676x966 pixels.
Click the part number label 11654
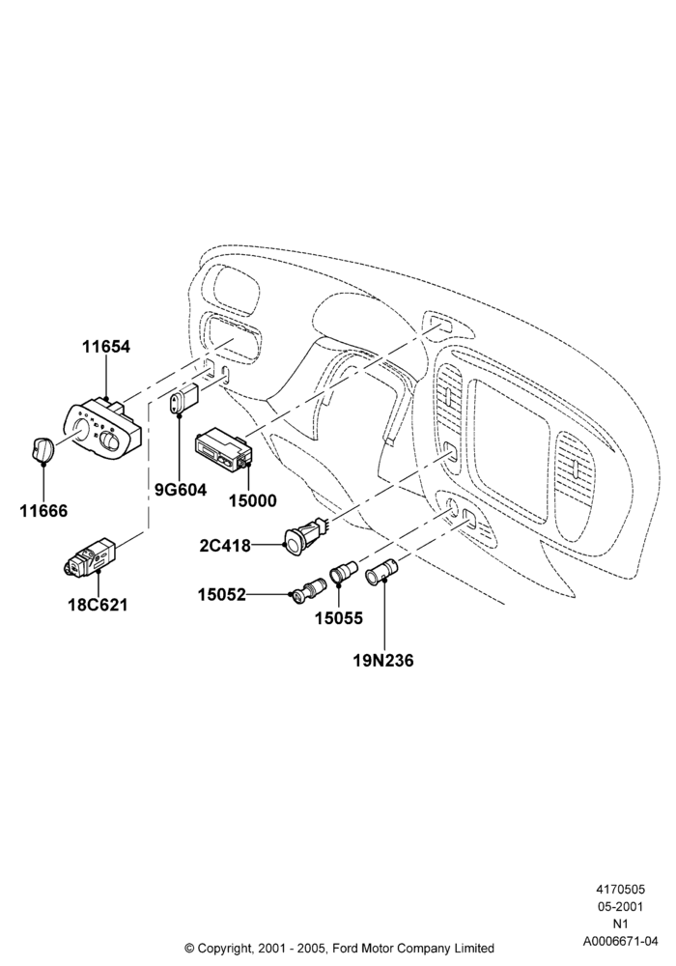(106, 347)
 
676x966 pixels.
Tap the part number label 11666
(43, 511)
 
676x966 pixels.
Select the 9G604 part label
(181, 491)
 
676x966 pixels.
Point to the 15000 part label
(253, 500)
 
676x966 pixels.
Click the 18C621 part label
(98, 605)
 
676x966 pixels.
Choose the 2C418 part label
(225, 545)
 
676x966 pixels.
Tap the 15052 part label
(222, 594)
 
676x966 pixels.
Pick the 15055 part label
(339, 618)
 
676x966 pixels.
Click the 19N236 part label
(383, 661)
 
